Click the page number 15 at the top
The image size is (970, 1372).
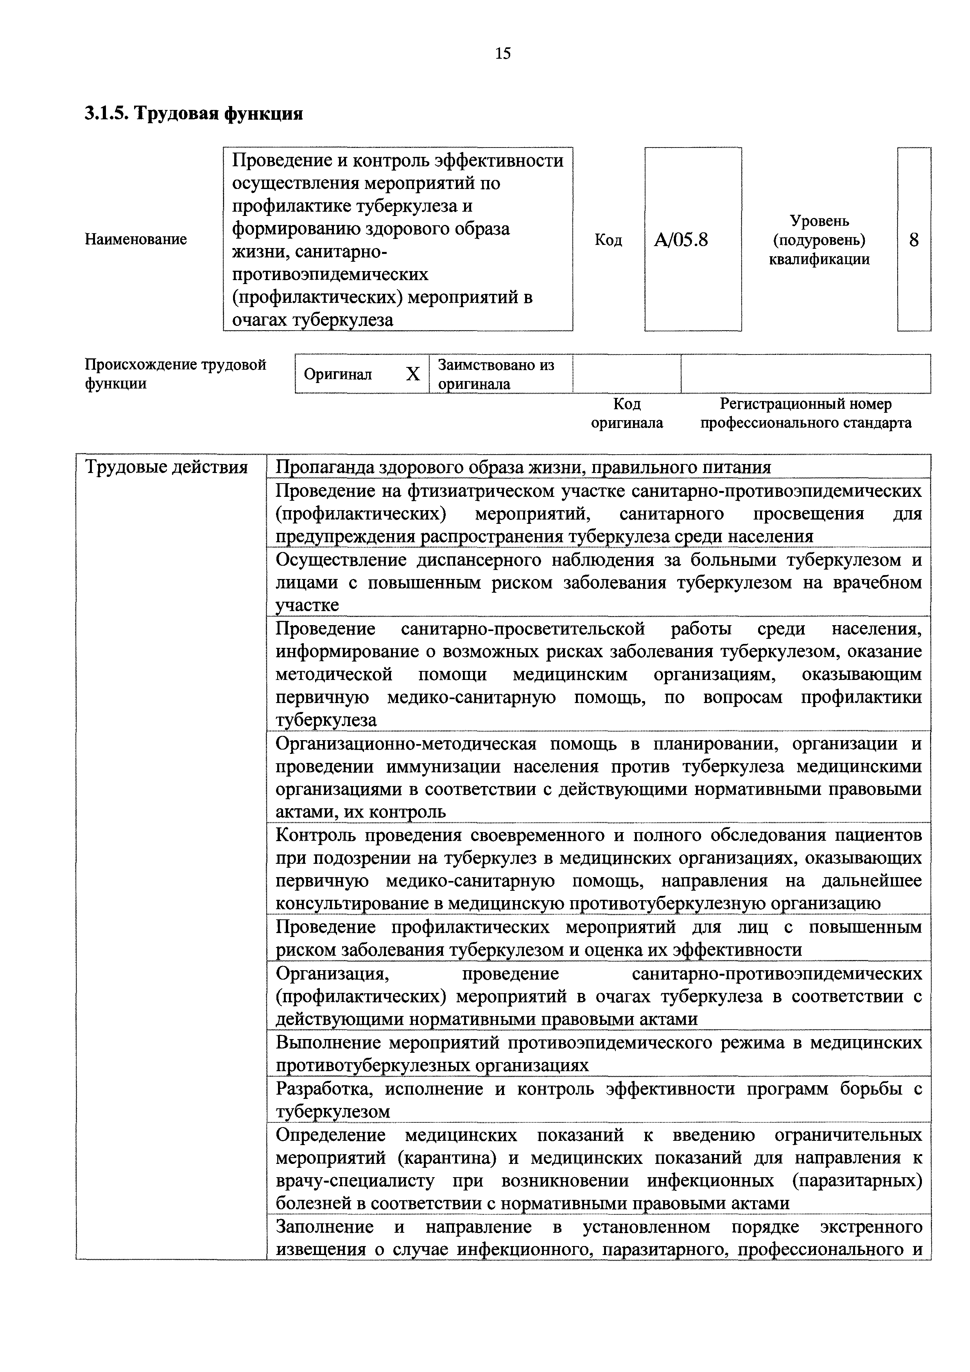(x=503, y=54)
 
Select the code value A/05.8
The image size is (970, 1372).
(x=681, y=240)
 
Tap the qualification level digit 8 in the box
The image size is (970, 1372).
(x=914, y=240)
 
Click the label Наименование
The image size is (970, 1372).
(x=136, y=240)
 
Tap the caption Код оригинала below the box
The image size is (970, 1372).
(x=627, y=414)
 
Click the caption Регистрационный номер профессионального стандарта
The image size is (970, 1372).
(x=806, y=414)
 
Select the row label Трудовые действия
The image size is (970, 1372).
(x=167, y=467)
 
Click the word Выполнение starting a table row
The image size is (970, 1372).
(x=328, y=1042)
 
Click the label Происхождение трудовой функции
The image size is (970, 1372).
(x=175, y=374)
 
